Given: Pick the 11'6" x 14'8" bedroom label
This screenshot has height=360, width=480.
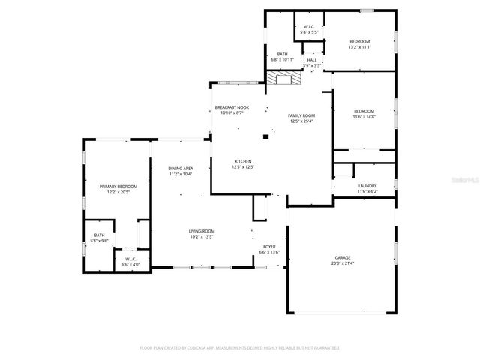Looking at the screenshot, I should (364, 113).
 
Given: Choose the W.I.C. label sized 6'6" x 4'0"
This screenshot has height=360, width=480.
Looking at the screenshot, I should (130, 262).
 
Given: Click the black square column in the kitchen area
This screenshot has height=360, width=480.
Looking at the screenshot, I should (265, 136).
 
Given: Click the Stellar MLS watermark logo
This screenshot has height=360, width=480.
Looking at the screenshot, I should (460, 180).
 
